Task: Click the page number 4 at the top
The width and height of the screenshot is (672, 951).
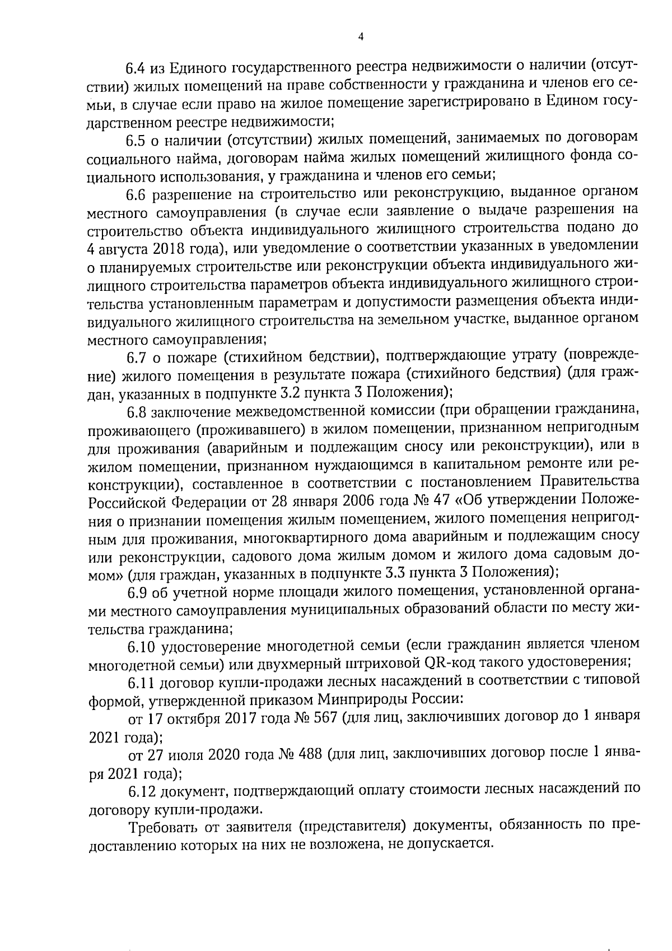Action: tap(360, 36)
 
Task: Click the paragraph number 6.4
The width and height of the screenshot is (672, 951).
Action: tap(136, 68)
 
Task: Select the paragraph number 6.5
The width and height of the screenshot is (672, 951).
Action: tap(136, 138)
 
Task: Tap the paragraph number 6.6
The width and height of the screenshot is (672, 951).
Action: tap(136, 194)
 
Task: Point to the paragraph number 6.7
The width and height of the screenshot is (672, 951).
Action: tap(136, 356)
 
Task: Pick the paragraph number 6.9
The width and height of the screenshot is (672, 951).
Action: tap(137, 591)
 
